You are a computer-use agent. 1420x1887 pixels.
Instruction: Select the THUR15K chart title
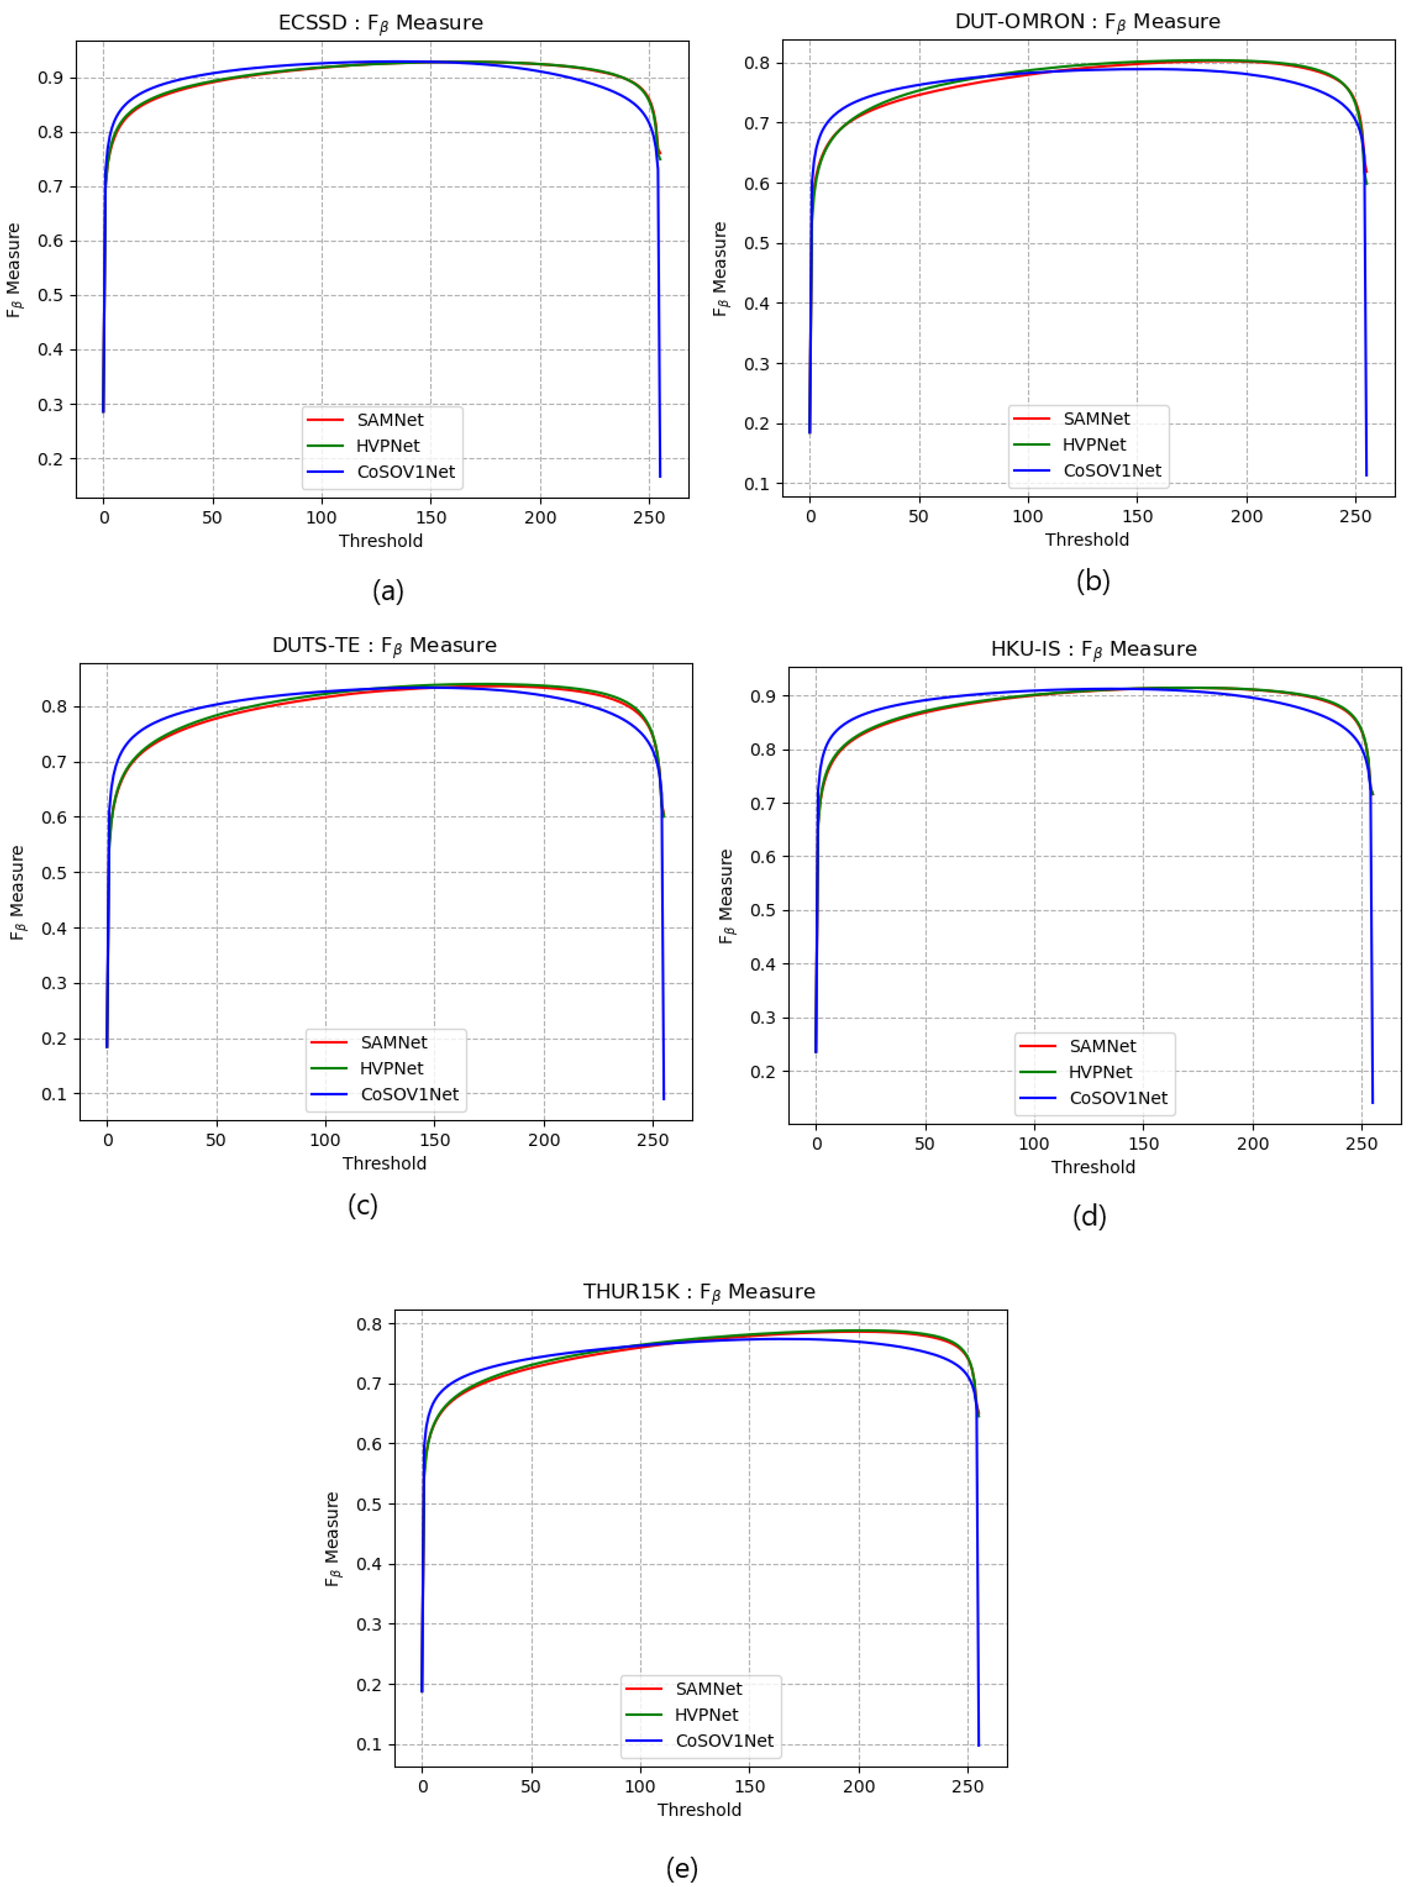tap(699, 1292)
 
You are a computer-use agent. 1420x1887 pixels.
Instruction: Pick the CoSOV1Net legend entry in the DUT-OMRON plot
tap(1112, 470)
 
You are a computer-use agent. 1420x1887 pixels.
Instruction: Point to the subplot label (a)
tap(388, 591)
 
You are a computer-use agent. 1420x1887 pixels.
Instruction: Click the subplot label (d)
tap(1089, 1216)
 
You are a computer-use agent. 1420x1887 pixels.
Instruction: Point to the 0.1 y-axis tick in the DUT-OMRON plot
tap(757, 484)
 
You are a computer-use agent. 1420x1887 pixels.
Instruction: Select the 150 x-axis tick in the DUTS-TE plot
tap(434, 1140)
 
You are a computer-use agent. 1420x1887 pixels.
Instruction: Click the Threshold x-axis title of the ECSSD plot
tap(380, 541)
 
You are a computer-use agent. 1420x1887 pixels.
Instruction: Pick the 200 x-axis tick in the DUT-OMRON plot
tap(1246, 516)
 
